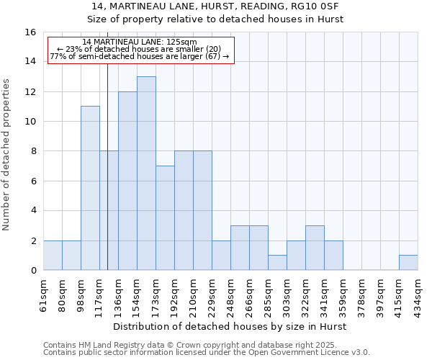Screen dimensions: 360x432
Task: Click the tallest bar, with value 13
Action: [146, 173]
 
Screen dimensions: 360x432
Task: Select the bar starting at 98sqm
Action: [90, 188]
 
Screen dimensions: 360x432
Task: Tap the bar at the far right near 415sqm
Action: [408, 263]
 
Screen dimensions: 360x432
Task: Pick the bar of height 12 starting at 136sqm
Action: [127, 181]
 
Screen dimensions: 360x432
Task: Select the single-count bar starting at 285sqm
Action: [277, 263]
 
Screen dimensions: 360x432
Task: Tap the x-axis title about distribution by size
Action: [230, 326]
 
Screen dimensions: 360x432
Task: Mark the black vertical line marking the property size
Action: [107, 180]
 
